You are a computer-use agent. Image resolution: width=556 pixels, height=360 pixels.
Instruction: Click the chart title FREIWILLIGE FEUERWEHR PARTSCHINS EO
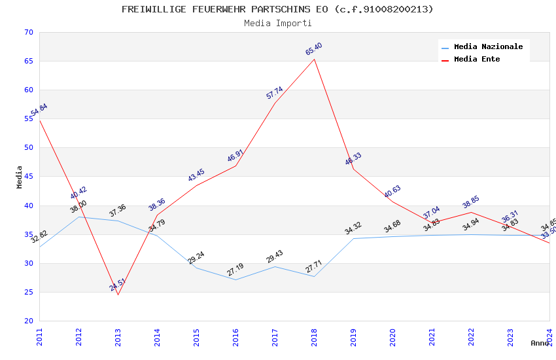[x=277, y=9]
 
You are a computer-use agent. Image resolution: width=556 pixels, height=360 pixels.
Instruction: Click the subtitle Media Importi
[x=277, y=23]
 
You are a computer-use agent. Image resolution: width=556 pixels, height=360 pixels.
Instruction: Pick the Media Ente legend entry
[x=477, y=59]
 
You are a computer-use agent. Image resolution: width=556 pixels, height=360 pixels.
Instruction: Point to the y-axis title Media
[x=20, y=177]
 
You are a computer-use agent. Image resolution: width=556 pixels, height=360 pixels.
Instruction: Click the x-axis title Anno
[x=540, y=343]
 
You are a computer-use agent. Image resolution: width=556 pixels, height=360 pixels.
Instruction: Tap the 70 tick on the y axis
[x=27, y=32]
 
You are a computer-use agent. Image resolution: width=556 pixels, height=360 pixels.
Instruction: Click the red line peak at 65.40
[x=314, y=60]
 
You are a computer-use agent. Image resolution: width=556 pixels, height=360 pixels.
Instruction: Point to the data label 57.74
[x=275, y=93]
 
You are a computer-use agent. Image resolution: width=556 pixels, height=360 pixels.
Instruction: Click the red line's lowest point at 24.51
[x=118, y=295]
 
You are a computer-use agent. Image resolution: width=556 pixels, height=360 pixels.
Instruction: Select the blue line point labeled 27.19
[x=235, y=279]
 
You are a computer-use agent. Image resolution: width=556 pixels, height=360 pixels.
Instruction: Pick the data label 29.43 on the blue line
[x=275, y=257]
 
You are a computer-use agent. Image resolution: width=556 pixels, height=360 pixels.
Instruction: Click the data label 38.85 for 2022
[x=471, y=202]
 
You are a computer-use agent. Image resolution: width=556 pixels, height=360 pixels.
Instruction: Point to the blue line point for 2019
[x=353, y=238]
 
